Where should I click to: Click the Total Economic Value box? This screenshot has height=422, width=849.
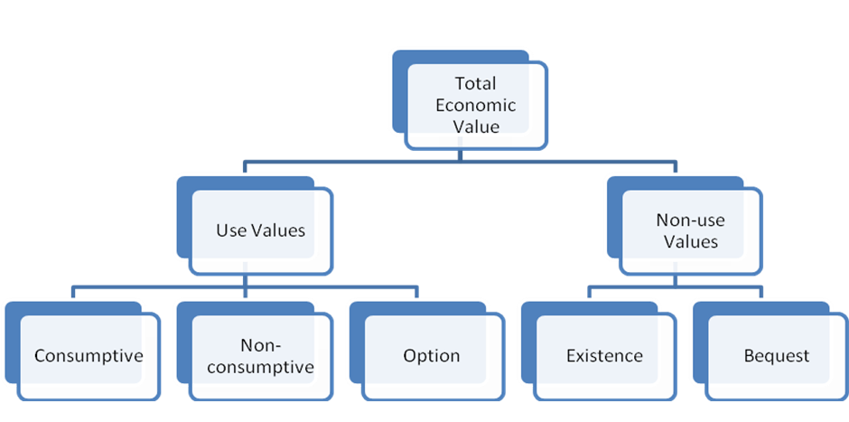pyautogui.click(x=475, y=106)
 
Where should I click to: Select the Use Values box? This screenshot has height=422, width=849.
pyautogui.click(x=260, y=230)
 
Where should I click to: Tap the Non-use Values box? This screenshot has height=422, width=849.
pyautogui.click(x=690, y=230)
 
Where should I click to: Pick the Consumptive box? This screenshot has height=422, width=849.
pyautogui.click(x=89, y=355)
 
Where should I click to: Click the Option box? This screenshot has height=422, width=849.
pyautogui.click(x=432, y=355)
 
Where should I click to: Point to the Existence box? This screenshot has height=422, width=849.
pyautogui.click(x=604, y=355)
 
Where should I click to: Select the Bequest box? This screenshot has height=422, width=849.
pyautogui.click(x=776, y=355)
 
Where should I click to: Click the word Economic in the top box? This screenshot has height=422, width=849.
pyautogui.click(x=475, y=105)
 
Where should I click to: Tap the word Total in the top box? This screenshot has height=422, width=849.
pyautogui.click(x=475, y=84)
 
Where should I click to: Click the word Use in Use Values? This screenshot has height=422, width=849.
pyautogui.click(x=231, y=230)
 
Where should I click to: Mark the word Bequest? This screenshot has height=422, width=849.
pyautogui.click(x=776, y=355)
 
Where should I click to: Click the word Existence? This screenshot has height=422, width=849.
pyautogui.click(x=604, y=355)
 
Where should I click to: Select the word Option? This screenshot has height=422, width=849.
pyautogui.click(x=432, y=355)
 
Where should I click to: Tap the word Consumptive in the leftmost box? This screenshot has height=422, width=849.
pyautogui.click(x=89, y=355)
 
